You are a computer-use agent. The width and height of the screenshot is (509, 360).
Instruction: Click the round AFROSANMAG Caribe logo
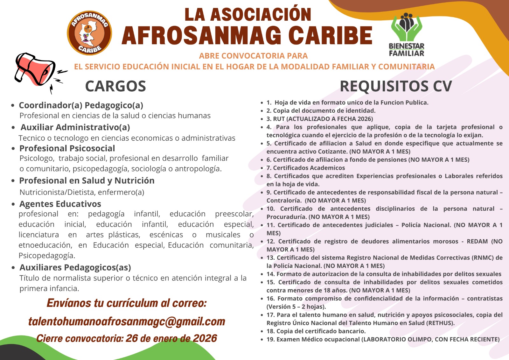point(89,33)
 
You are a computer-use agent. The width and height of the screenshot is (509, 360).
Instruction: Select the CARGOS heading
point(115,86)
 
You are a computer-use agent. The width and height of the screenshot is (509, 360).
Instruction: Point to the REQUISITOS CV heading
point(396,86)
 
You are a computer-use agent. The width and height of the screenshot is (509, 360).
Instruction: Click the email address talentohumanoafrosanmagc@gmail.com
point(127,321)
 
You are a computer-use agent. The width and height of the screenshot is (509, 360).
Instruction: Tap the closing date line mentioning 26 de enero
point(127,338)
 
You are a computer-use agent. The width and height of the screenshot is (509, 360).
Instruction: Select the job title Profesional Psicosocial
point(67,148)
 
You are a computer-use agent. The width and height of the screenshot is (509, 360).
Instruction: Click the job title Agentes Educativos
point(60,204)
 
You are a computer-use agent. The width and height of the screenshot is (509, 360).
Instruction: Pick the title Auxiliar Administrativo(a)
point(75,127)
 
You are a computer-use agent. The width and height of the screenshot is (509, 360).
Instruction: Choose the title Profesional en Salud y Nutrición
point(87,180)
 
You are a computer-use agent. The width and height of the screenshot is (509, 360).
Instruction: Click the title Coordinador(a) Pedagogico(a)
point(81,105)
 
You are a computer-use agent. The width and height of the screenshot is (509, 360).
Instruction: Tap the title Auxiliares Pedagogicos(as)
point(75,267)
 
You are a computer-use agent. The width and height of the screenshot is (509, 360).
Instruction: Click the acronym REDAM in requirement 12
point(477,241)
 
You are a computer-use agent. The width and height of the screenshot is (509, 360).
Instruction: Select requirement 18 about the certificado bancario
point(316,331)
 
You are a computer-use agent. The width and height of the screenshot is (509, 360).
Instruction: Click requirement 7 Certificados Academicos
point(306,168)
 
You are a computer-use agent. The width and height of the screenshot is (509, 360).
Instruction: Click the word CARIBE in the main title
point(331,36)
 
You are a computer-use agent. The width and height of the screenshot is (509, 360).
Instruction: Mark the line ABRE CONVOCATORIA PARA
point(253,56)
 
